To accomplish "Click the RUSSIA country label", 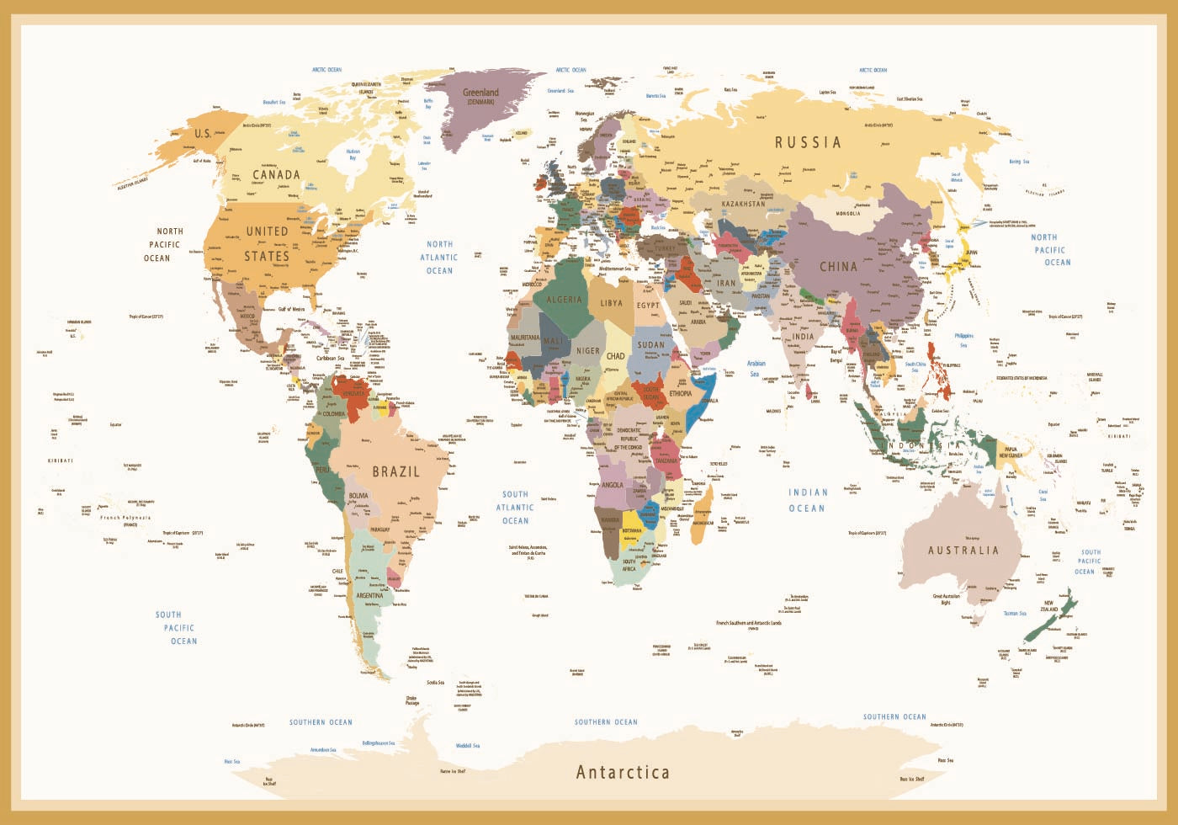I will [808, 142].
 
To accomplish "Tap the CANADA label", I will [276, 175].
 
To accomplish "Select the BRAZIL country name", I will [395, 471].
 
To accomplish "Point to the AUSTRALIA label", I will [963, 551].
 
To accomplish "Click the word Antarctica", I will [623, 772].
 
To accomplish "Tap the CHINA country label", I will [838, 266].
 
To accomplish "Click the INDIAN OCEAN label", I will [808, 500].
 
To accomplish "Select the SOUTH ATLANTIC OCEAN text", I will [515, 508].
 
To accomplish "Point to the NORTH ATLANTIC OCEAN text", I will [439, 258].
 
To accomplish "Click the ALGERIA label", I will [564, 300].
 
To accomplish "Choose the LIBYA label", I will [612, 303].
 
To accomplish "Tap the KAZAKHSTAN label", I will [744, 204].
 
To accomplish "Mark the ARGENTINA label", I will [369, 595].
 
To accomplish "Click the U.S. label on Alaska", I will [203, 134].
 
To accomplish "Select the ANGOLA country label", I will [612, 485].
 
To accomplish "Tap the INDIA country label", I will [803, 337].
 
